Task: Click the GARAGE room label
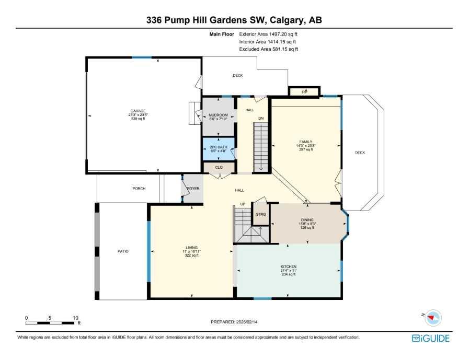click(138, 111)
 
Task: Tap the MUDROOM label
click(218, 114)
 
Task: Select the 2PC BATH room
click(218, 147)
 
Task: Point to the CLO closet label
click(219, 167)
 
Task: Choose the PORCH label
click(139, 188)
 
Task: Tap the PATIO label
click(123, 251)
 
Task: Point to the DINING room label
click(307, 220)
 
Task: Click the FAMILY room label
click(305, 142)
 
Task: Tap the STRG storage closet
click(260, 214)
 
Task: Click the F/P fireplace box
click(304, 91)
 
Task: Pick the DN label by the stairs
click(260, 119)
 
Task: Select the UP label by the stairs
click(243, 204)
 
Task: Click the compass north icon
click(432, 317)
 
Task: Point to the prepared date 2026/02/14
click(234, 322)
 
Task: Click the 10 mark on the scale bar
click(75, 317)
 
